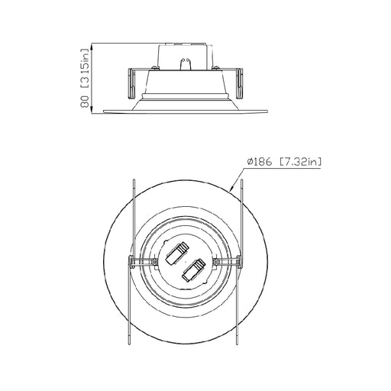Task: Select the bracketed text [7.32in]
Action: point(301,161)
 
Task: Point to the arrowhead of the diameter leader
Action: point(232,189)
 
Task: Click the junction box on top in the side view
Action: point(184,56)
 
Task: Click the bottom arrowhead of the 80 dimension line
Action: point(93,112)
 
